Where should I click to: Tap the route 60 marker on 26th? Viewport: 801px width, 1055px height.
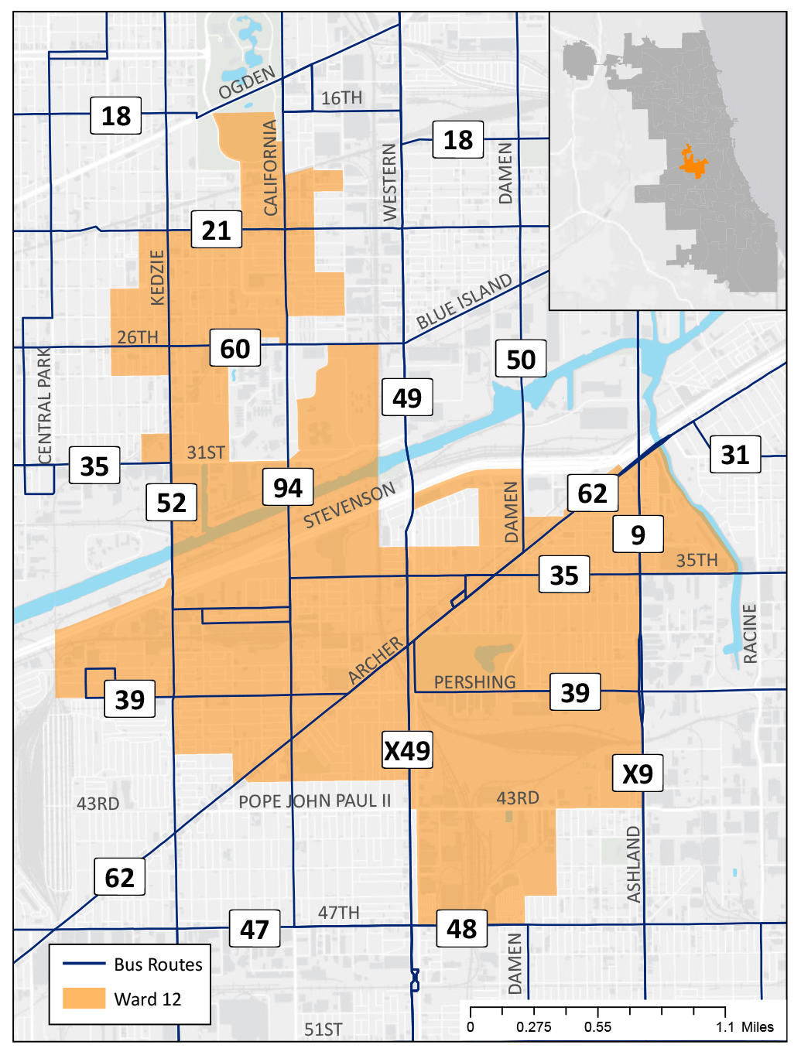235,348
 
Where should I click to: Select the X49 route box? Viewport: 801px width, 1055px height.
407,749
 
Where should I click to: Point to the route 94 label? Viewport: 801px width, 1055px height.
287,487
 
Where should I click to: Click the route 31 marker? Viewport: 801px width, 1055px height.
734,454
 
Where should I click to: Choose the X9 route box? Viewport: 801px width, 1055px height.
637,773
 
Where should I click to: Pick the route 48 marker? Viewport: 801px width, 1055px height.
461,928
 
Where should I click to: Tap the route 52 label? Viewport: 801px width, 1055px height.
171,503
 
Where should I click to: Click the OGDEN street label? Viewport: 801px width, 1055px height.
247,83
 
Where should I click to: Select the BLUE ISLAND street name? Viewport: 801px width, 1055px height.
464,302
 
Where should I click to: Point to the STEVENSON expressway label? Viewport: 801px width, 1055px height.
349,504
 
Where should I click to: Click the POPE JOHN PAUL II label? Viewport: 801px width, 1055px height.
314,801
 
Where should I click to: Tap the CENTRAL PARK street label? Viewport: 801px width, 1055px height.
45,405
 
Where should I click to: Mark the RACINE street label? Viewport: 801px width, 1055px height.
749,633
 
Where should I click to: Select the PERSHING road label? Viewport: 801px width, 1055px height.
474,682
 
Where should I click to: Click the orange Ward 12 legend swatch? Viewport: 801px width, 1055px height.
84,998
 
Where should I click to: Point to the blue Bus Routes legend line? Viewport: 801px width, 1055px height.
84,964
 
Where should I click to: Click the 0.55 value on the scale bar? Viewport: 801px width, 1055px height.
597,1027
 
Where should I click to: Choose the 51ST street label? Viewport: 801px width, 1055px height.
323,1029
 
